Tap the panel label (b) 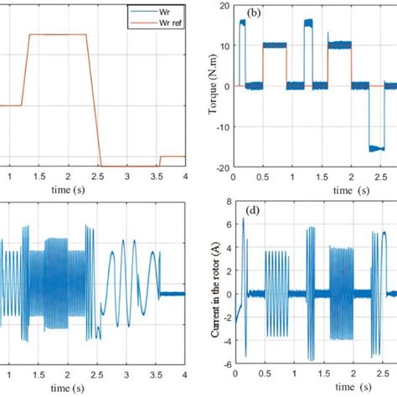tap(248, 14)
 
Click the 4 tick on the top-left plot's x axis tap(184, 177)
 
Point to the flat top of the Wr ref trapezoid tap(58, 34)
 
